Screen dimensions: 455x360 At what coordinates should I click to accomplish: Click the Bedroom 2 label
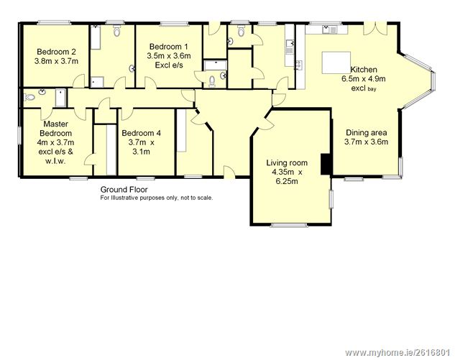pyautogui.click(x=56, y=52)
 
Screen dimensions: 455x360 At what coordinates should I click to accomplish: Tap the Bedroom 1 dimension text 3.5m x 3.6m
pyautogui.click(x=169, y=56)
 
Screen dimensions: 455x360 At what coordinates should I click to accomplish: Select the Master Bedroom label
pyautogui.click(x=56, y=129)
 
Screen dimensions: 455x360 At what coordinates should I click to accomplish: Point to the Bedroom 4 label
pyautogui.click(x=141, y=133)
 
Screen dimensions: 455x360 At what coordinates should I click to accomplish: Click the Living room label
pyautogui.click(x=287, y=163)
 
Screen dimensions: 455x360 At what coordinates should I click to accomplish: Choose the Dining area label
pyautogui.click(x=366, y=133)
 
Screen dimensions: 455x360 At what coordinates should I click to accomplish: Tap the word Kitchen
pyautogui.click(x=364, y=70)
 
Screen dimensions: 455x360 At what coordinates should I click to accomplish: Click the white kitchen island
pyautogui.click(x=336, y=63)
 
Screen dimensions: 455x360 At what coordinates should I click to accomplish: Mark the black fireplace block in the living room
pyautogui.click(x=326, y=164)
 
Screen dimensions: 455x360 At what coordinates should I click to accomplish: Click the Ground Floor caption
pyautogui.click(x=124, y=190)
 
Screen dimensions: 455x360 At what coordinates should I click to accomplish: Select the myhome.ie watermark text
pyautogui.click(x=397, y=353)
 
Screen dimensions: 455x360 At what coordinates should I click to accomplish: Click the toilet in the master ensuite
pyautogui.click(x=29, y=97)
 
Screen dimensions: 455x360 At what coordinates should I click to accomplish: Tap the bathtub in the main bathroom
pyautogui.click(x=96, y=37)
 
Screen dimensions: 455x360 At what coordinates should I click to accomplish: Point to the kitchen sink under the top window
pyautogui.click(x=329, y=29)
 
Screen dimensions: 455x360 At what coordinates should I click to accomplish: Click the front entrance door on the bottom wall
pyautogui.click(x=229, y=171)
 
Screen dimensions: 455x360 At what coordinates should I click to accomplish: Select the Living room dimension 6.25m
pyautogui.click(x=287, y=182)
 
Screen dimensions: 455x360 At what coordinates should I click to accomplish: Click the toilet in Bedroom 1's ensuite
pyautogui.click(x=212, y=81)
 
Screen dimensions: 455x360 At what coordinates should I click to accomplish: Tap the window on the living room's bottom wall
pyautogui.click(x=289, y=225)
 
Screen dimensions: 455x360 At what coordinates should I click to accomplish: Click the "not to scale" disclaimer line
pyautogui.click(x=157, y=198)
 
